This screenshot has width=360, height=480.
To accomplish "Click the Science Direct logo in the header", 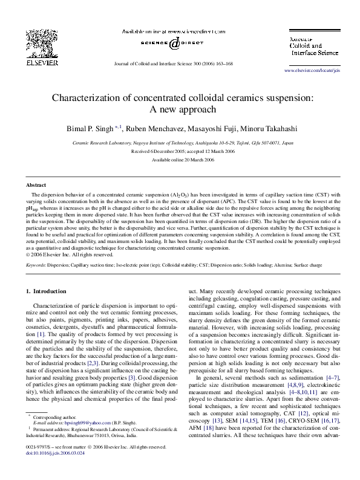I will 174,44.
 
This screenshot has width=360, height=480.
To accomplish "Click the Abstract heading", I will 36,184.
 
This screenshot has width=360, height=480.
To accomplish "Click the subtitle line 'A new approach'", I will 180,109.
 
